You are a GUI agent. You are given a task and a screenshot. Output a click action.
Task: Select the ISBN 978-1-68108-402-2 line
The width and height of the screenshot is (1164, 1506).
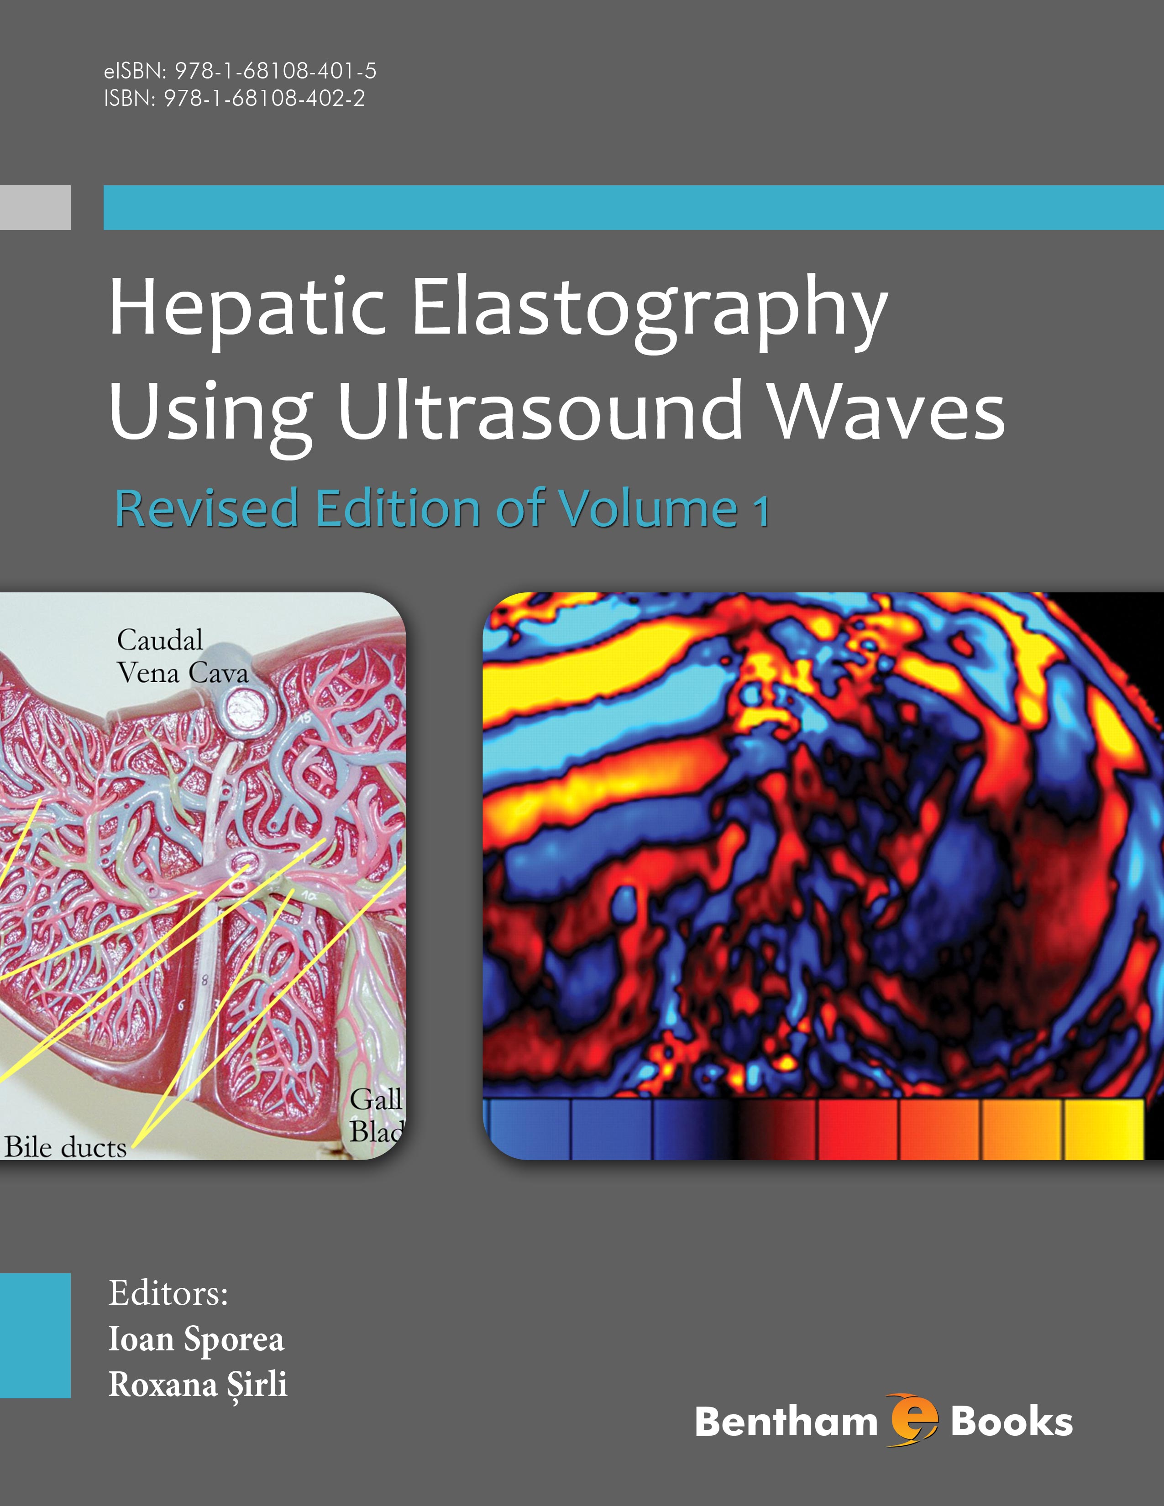235,99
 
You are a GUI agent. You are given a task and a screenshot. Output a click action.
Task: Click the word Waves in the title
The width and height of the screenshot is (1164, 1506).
887,413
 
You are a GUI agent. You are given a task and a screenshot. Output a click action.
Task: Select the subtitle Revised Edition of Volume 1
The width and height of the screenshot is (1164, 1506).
442,508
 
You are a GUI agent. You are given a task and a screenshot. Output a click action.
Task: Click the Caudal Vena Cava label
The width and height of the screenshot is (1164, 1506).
183,656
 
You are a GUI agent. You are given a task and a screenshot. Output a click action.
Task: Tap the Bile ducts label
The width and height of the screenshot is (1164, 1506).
66,1147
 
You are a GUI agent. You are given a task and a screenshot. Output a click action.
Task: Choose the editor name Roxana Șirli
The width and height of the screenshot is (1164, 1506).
198,1385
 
